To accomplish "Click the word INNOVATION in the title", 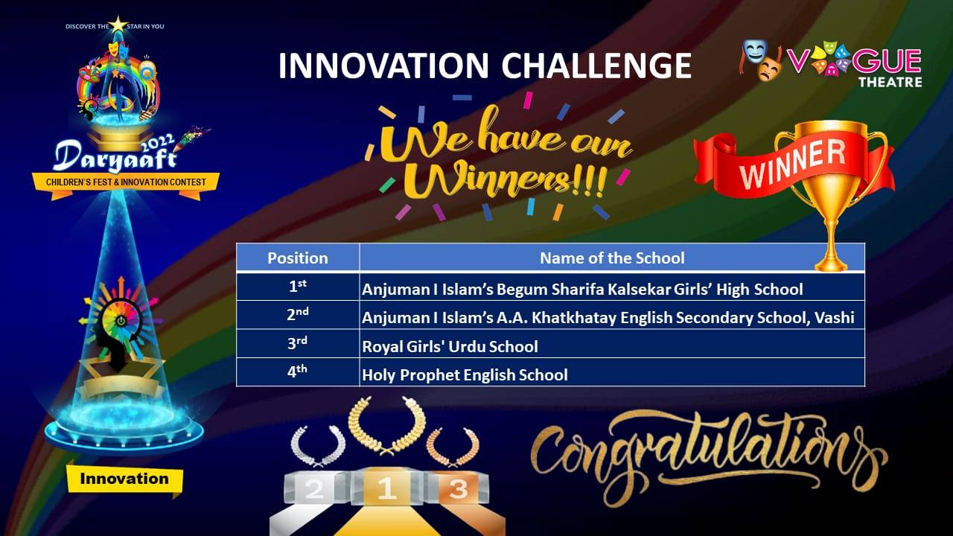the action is tap(383, 66).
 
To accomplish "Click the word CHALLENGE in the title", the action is tap(596, 66).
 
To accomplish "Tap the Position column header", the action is tap(298, 258).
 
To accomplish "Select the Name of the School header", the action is tap(612, 258).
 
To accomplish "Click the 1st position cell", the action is tap(298, 287).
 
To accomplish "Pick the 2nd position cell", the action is tap(298, 315).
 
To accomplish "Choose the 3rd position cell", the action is tap(298, 344).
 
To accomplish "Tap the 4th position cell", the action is tap(298, 372).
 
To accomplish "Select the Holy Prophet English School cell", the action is tap(612, 374).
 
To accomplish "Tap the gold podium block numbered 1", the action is tap(387, 486).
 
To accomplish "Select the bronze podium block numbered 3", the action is tap(457, 488).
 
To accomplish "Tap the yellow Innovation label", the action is tap(124, 479).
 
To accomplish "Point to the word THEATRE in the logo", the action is tap(890, 82).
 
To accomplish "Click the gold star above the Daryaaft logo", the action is tap(118, 25).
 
